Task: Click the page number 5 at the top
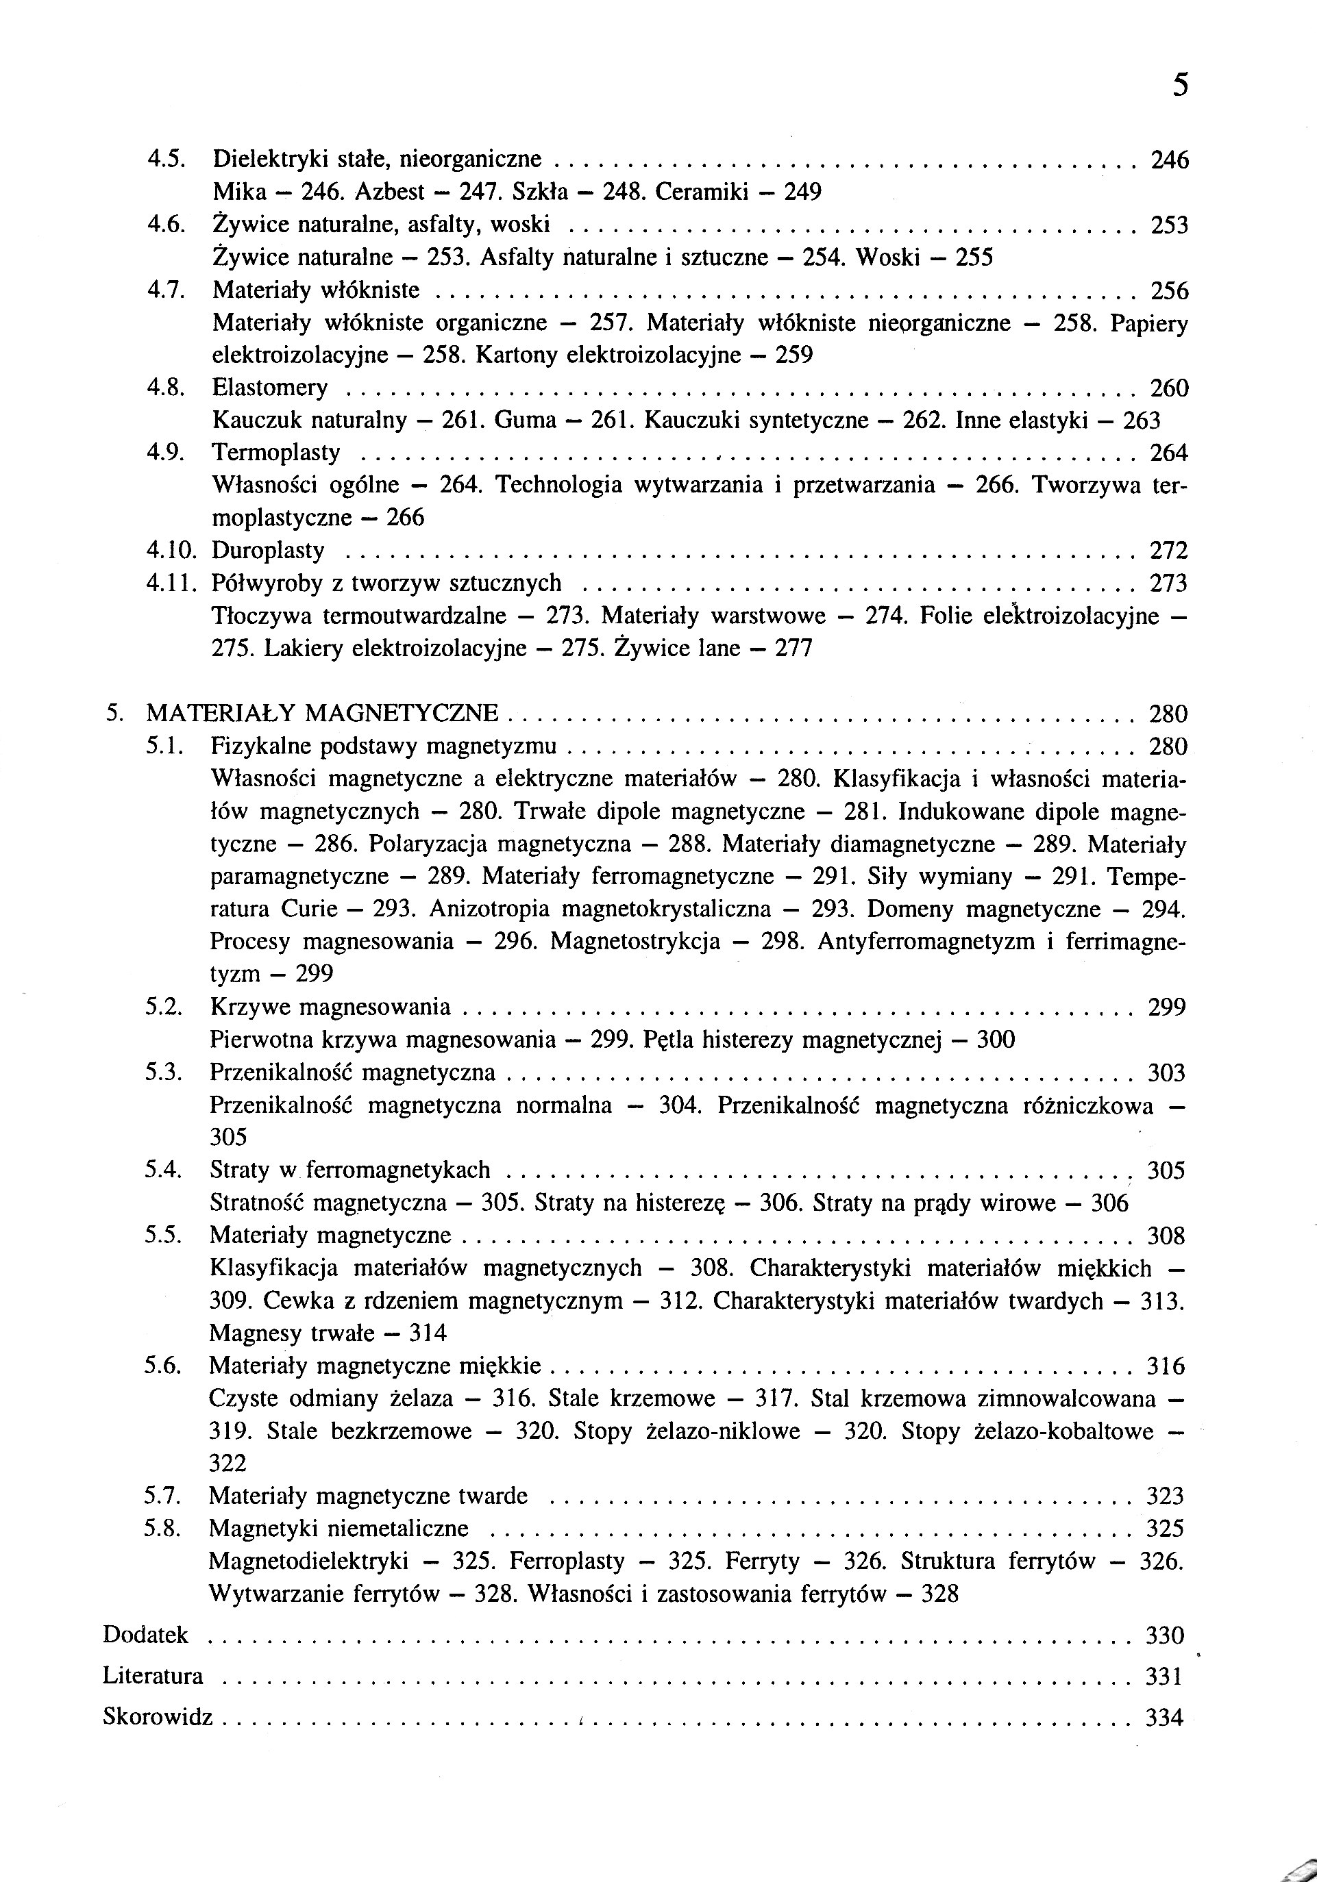point(1179,85)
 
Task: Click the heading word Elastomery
point(270,387)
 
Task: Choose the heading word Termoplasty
point(275,453)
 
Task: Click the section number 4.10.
point(170,550)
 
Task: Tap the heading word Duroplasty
point(268,550)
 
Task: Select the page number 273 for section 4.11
point(1168,583)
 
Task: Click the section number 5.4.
point(162,1170)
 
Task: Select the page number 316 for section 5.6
point(1166,1366)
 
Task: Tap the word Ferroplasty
point(567,1561)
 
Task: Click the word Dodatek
point(146,1635)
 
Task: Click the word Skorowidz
point(158,1716)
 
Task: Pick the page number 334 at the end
point(1164,1716)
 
